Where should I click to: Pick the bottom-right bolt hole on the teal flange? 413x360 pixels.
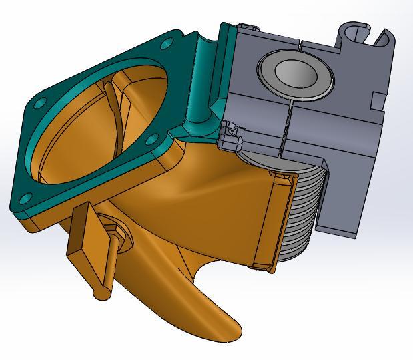pyautogui.click(x=151, y=140)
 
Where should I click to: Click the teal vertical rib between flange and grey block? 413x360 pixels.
pyautogui.click(x=200, y=87)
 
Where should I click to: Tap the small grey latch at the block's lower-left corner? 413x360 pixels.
pyautogui.click(x=230, y=133)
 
